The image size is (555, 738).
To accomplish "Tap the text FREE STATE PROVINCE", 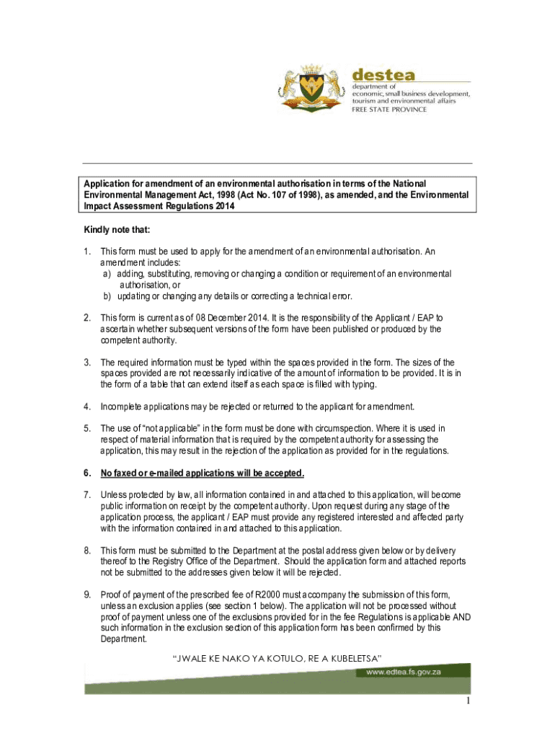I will (x=389, y=110).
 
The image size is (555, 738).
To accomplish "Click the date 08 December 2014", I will (x=209, y=318).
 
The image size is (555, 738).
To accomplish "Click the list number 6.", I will (x=86, y=474).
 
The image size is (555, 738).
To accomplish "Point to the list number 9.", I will (x=86, y=594).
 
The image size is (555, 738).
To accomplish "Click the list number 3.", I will (x=86, y=362).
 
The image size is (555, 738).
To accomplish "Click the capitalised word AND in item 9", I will (x=461, y=617).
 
